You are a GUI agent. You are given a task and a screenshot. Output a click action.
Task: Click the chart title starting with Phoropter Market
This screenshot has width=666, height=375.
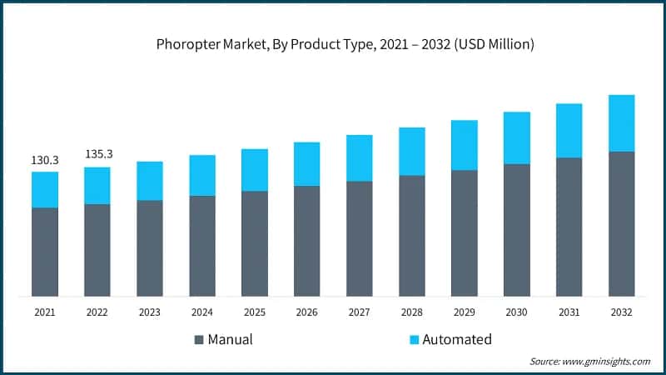pos(333,44)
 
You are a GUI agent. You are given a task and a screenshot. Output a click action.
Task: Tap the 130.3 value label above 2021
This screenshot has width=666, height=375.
pos(45,159)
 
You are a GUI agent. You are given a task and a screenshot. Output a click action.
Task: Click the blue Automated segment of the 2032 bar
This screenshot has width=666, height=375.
pos(621,123)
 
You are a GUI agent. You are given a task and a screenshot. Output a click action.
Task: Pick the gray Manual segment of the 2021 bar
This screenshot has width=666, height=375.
pos(45,252)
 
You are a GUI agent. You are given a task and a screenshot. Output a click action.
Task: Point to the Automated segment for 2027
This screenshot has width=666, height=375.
pos(359,157)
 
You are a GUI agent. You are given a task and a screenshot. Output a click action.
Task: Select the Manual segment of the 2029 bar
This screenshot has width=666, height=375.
pos(464,233)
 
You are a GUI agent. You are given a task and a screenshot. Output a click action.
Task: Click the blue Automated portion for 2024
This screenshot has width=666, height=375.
pos(202,175)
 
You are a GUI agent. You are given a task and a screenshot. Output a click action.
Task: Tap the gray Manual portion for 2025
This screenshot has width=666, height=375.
pos(255,243)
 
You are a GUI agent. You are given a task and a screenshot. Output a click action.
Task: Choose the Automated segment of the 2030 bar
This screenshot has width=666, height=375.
pos(516,137)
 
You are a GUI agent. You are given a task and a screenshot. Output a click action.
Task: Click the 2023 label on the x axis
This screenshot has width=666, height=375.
pos(150,312)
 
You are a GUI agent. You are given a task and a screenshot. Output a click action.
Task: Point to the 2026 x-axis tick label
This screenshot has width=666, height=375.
pos(307,312)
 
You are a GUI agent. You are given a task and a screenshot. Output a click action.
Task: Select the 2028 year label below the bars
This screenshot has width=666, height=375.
pos(411,312)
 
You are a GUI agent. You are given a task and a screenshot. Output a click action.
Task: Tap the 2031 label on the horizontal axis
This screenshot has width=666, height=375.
pos(569,312)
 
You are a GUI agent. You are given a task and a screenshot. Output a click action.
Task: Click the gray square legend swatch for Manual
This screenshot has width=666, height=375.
pos(199,340)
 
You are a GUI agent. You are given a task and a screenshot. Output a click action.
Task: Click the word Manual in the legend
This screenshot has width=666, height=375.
pos(231,340)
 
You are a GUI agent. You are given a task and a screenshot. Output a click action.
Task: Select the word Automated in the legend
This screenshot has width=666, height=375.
pos(457,340)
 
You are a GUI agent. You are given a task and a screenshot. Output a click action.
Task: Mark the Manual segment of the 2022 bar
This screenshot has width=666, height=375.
pos(97,250)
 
